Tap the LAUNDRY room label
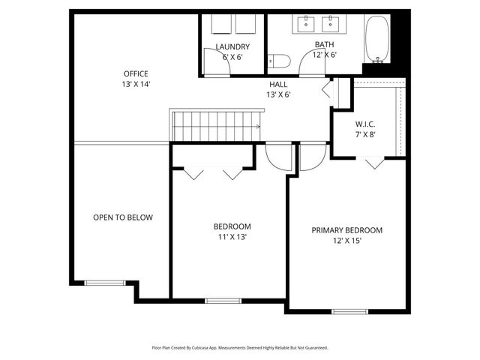pos(232,47)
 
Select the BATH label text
pos(325,45)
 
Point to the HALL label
pos(277,85)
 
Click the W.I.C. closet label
pos(365,124)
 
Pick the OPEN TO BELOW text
pos(123,217)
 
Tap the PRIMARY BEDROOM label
pos(347,230)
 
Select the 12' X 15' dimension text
pos(347,241)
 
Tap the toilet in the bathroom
pos(280,61)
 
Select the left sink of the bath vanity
pos(307,25)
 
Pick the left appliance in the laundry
pos(220,24)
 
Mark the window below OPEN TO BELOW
pos(97,283)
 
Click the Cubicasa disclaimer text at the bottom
pos(240,348)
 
